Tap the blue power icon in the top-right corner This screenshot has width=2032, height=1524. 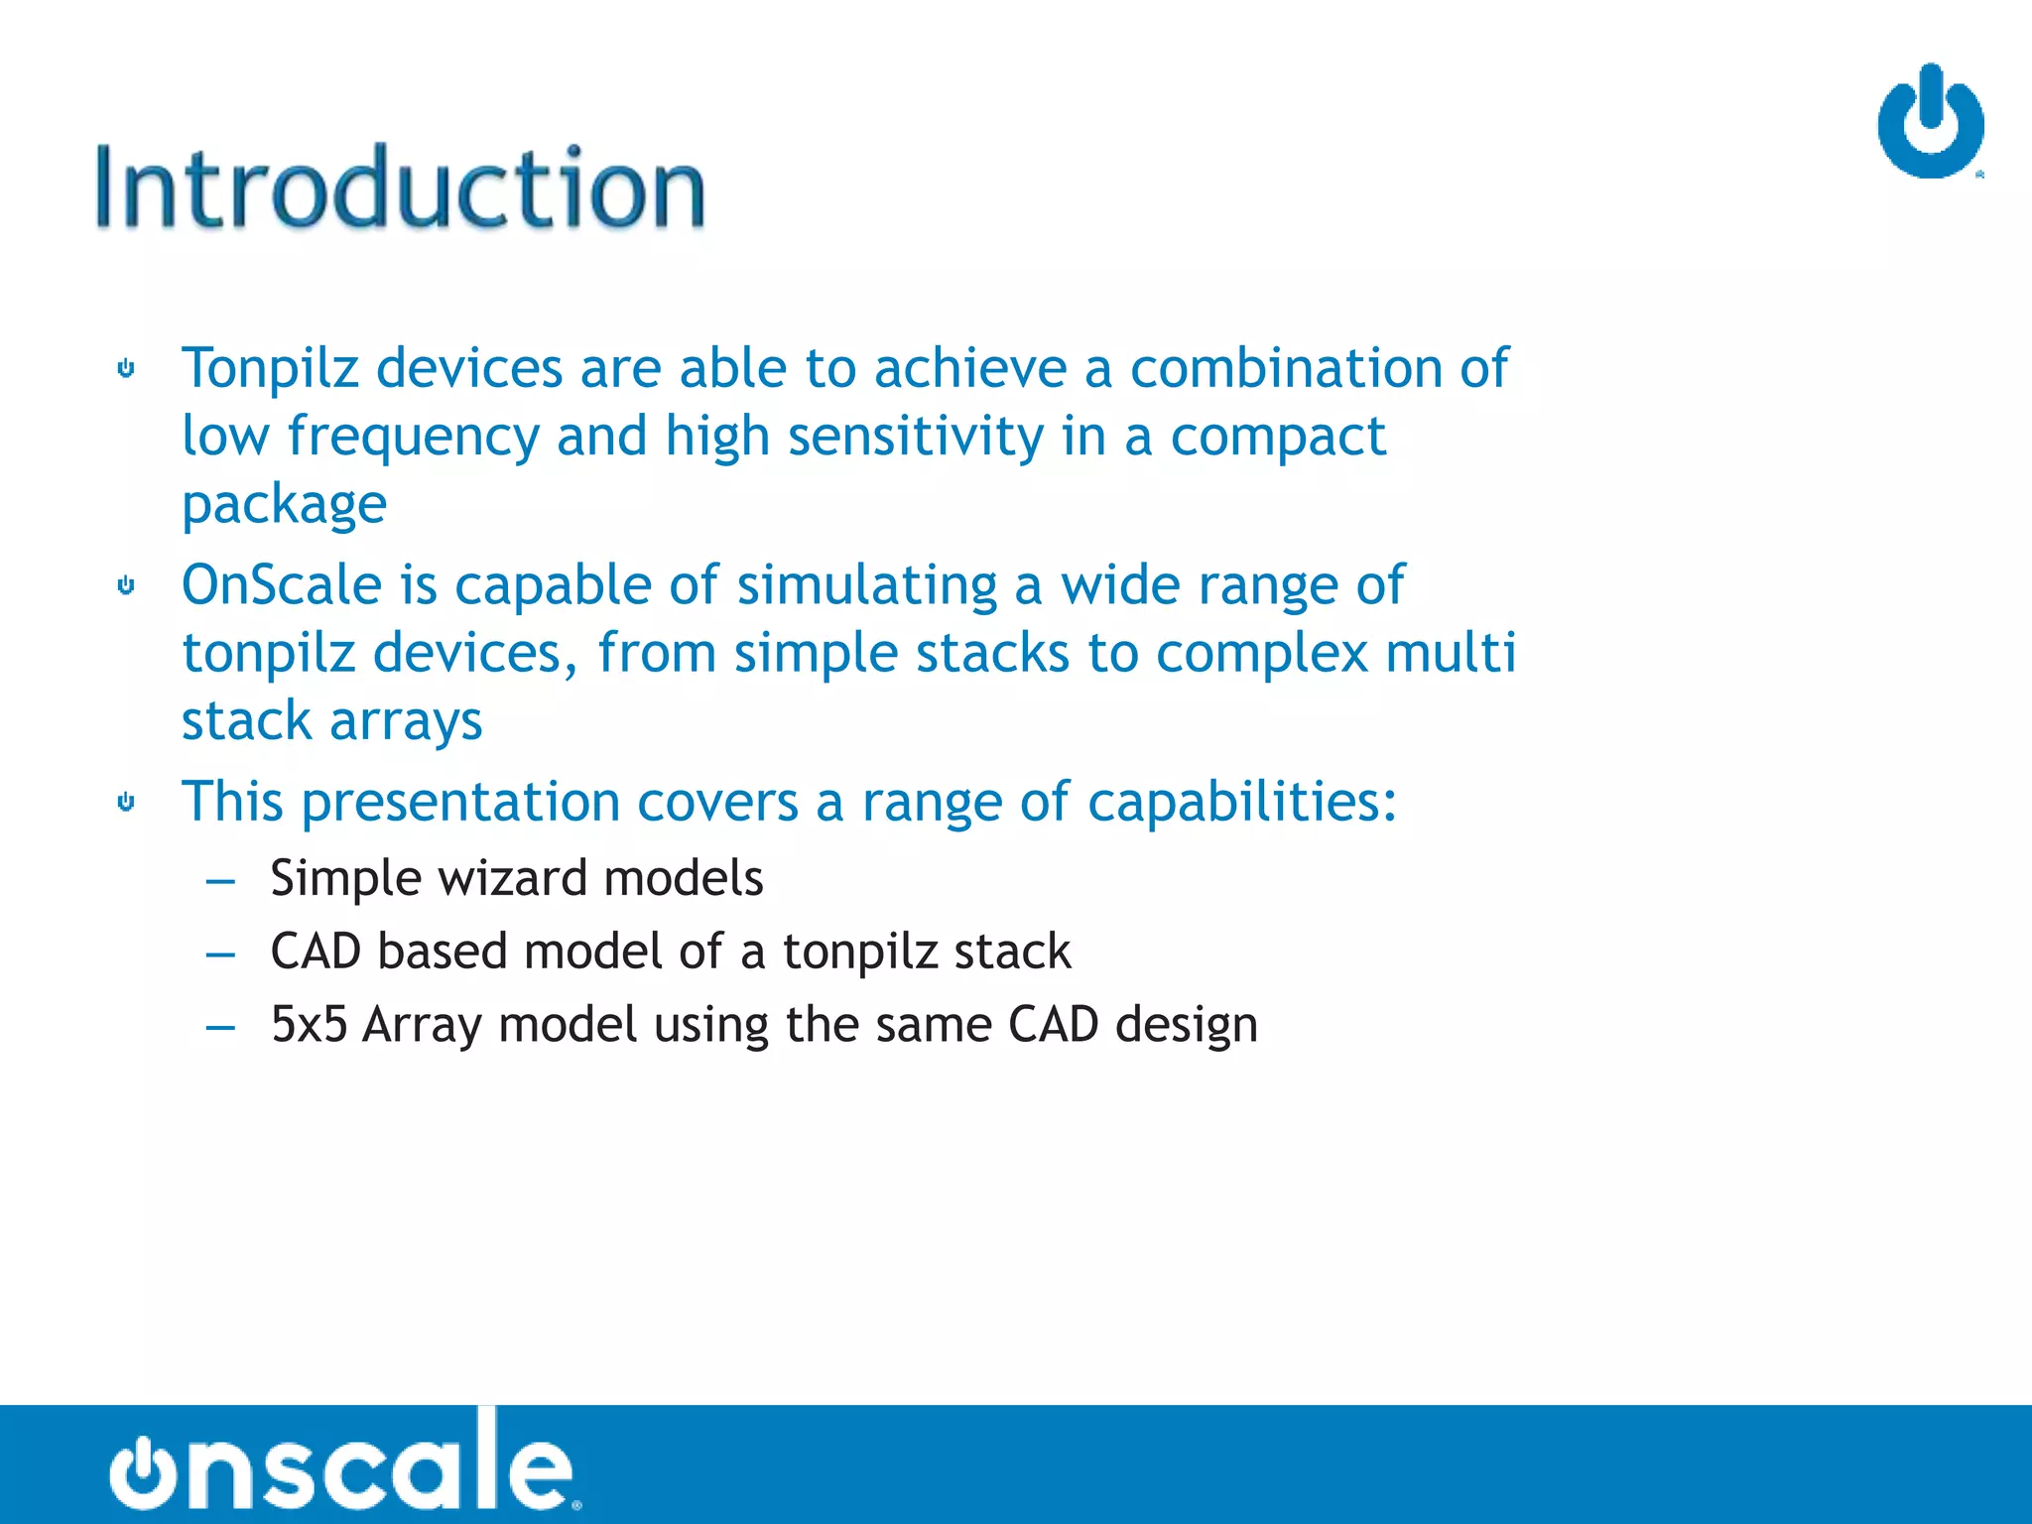tap(1930, 122)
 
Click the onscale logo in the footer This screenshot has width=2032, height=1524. tap(342, 1464)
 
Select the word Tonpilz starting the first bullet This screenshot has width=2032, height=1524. tap(270, 368)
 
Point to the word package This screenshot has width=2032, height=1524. tap(284, 504)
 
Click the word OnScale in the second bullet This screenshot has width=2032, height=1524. tap(282, 584)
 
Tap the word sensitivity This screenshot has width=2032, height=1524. tap(916, 437)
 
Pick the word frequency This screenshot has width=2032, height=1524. tap(413, 437)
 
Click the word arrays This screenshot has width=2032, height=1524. tap(406, 721)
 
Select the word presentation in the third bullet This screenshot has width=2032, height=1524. tap(460, 802)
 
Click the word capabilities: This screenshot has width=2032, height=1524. tap(1242, 802)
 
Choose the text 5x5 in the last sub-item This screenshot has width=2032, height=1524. tap(309, 1024)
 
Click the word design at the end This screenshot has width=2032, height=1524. tap(1186, 1025)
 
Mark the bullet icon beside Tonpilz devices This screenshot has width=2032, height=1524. tap(126, 369)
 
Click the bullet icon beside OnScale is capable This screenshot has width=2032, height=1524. tap(126, 585)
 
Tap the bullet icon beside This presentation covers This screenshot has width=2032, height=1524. tap(126, 802)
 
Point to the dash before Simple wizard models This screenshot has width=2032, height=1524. tap(220, 880)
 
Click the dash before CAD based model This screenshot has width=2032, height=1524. tap(220, 953)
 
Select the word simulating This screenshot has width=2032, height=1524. tap(866, 585)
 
